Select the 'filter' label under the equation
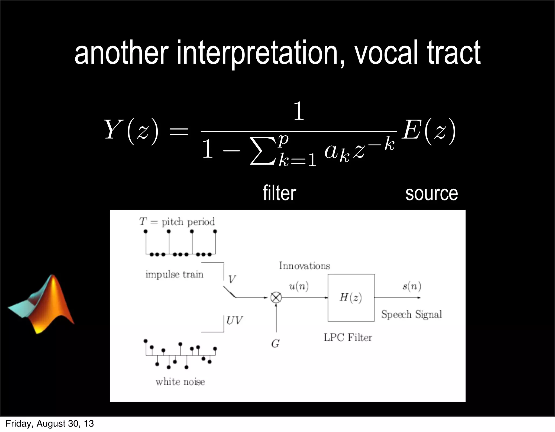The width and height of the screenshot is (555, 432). (x=279, y=193)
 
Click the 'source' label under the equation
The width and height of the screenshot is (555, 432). (x=431, y=193)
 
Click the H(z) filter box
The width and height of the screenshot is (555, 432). (x=351, y=297)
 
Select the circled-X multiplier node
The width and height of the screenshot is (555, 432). (x=276, y=297)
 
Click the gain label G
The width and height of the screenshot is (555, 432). (x=275, y=344)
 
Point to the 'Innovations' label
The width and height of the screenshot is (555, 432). (x=304, y=265)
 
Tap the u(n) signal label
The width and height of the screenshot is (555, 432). (x=299, y=286)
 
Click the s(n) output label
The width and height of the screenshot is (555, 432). (x=412, y=286)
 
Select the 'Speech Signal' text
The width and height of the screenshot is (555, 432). (x=411, y=314)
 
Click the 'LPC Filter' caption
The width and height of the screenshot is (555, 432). (x=348, y=337)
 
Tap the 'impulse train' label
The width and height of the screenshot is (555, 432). (x=174, y=274)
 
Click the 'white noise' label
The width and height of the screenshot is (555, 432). (x=180, y=382)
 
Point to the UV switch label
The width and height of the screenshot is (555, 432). (x=234, y=321)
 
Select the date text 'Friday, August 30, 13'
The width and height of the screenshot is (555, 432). (x=50, y=424)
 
